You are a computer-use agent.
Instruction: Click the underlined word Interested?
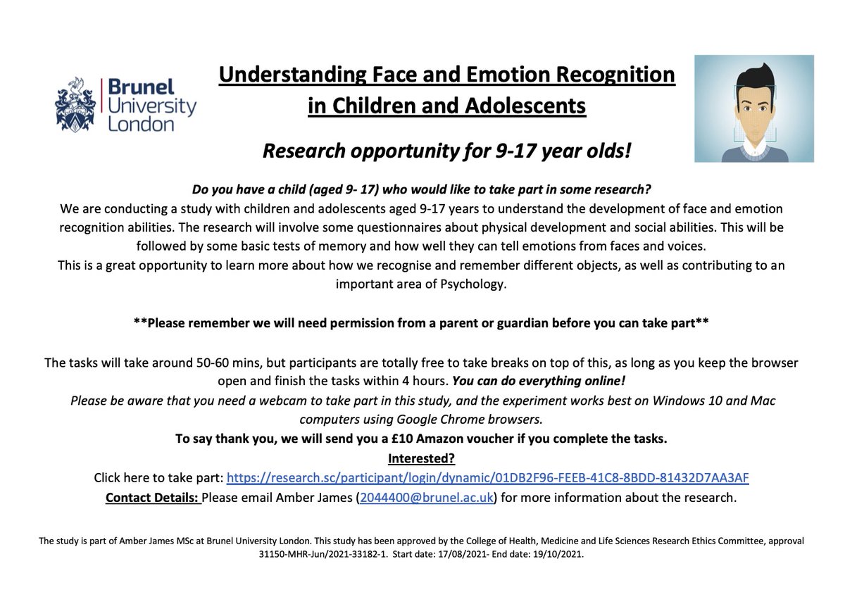[422, 458]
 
